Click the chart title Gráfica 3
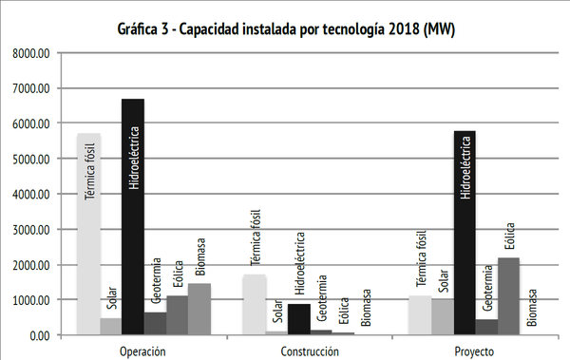pos(284,29)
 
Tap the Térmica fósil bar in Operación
pos(88,234)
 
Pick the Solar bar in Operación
pos(111,326)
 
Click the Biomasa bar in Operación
pos(199,309)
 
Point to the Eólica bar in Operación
pos(178,315)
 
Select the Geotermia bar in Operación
pos(156,323)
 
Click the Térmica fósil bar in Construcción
pos(255,304)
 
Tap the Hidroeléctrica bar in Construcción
pos(298,319)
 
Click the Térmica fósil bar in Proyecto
pos(421,315)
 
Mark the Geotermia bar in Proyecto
pos(487,327)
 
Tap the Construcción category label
pos(310,351)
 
